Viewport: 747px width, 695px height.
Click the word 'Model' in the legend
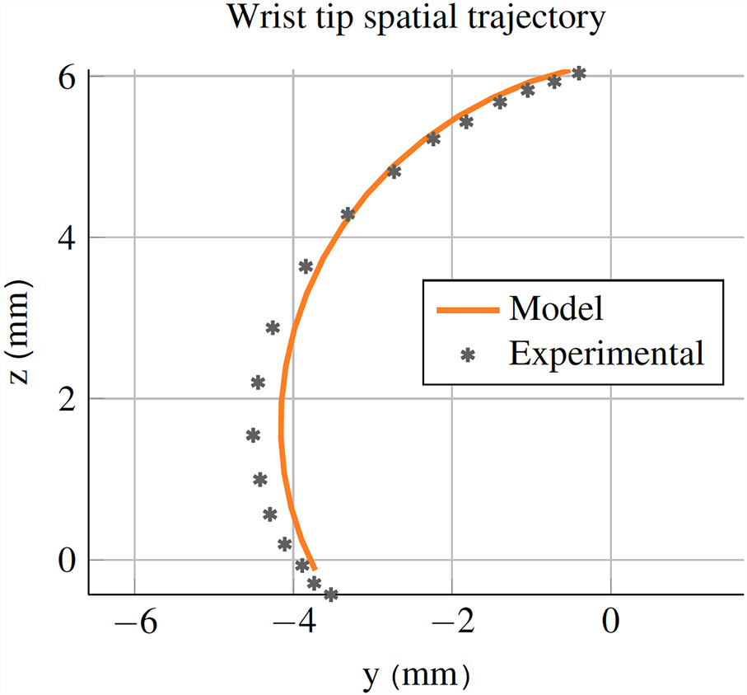click(557, 308)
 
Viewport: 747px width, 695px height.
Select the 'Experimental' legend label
click(607, 354)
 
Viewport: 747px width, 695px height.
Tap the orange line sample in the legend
click(467, 310)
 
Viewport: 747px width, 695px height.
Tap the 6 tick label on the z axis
click(68, 77)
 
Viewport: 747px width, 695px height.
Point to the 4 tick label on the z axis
click(68, 238)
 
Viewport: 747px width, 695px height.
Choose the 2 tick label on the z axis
click(68, 399)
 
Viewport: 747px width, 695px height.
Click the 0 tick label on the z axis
click(68, 561)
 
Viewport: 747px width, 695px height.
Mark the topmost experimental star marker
click(579, 73)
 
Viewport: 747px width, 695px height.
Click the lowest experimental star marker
click(331, 594)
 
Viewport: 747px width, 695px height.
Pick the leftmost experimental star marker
click(253, 434)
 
